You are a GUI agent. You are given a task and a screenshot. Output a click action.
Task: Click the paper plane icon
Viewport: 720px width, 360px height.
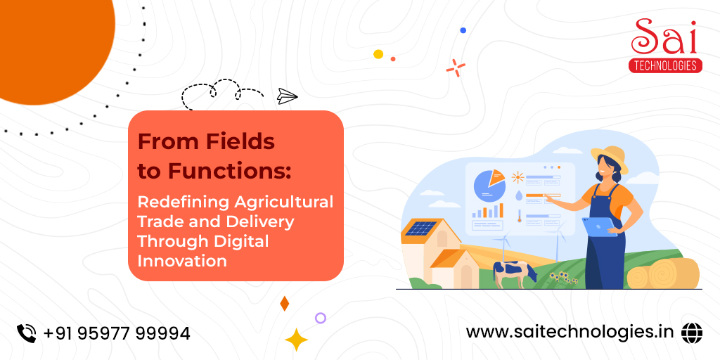pos(288,96)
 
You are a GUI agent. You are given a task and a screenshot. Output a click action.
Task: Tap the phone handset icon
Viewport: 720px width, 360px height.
pos(26,333)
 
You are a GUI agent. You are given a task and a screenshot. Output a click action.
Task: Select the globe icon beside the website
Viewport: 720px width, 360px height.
pos(692,333)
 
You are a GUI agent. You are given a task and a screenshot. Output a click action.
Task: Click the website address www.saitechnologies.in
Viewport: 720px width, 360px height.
pos(570,332)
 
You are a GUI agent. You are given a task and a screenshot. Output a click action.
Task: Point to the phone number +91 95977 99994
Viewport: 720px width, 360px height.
pos(117,333)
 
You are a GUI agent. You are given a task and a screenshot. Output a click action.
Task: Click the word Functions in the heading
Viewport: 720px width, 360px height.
pos(230,170)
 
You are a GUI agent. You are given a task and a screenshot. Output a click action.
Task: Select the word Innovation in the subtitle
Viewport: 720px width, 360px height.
pos(182,261)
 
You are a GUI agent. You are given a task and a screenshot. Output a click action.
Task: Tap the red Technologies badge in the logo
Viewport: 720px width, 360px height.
pos(665,65)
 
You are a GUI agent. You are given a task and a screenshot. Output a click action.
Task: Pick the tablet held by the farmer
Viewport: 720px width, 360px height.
pos(600,227)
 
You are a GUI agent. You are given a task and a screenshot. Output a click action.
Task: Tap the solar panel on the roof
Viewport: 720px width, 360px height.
pos(420,229)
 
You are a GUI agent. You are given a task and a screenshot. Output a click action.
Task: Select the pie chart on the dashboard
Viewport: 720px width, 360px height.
pos(489,185)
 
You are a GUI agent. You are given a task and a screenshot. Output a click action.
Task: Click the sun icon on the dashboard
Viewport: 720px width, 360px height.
pos(518,177)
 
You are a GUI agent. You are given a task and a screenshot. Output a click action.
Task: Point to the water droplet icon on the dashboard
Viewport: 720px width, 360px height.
pos(519,195)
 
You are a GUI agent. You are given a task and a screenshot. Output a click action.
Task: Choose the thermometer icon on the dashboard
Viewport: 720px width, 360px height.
pos(520,216)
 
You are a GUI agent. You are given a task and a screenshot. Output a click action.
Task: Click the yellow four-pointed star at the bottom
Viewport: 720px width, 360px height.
pos(296,340)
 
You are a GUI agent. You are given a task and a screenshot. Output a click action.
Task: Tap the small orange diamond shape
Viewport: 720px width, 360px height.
pos(284,304)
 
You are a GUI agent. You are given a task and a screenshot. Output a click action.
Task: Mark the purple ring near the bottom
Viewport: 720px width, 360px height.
pos(321,318)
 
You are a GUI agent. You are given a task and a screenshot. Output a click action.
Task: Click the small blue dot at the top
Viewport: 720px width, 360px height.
pos(463,30)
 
